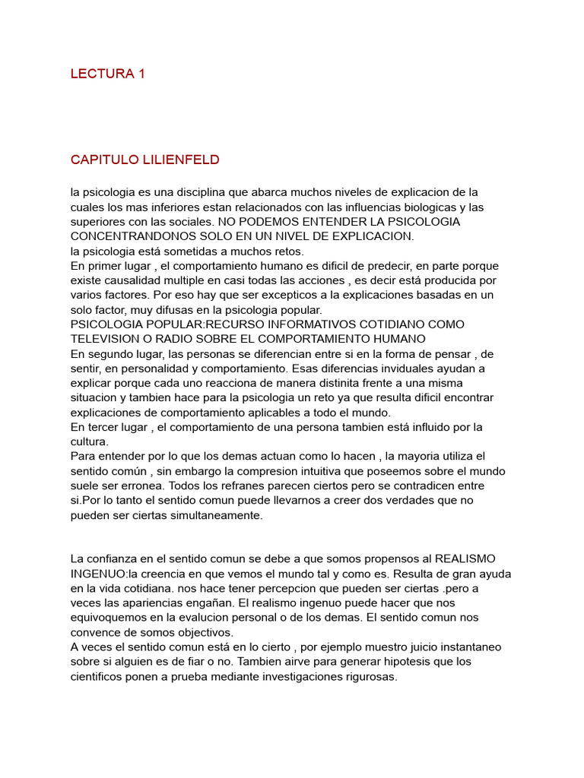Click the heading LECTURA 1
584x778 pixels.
click(x=107, y=74)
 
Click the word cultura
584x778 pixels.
click(x=89, y=441)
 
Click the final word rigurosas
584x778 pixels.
click(x=370, y=677)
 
